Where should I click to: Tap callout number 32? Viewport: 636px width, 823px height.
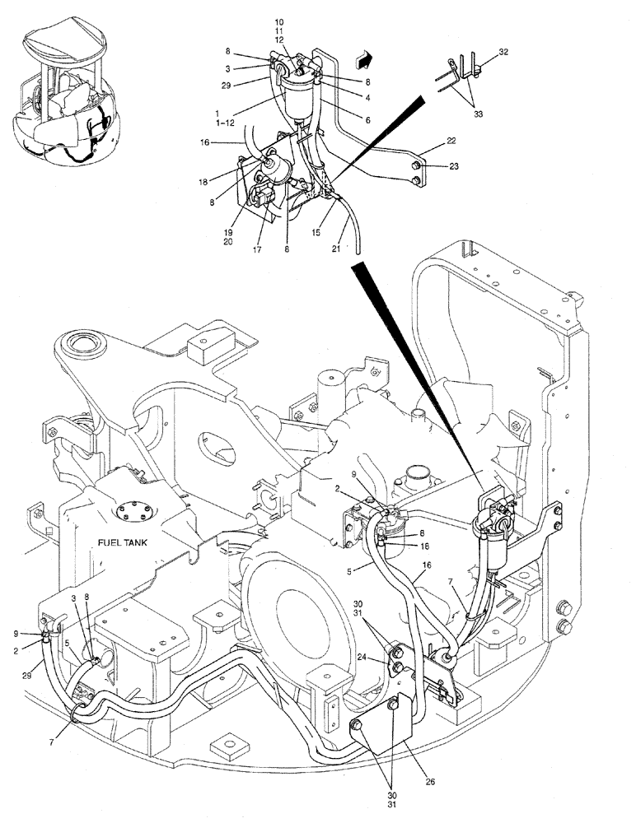[x=504, y=52]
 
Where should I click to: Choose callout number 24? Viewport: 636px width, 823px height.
[x=363, y=657]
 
